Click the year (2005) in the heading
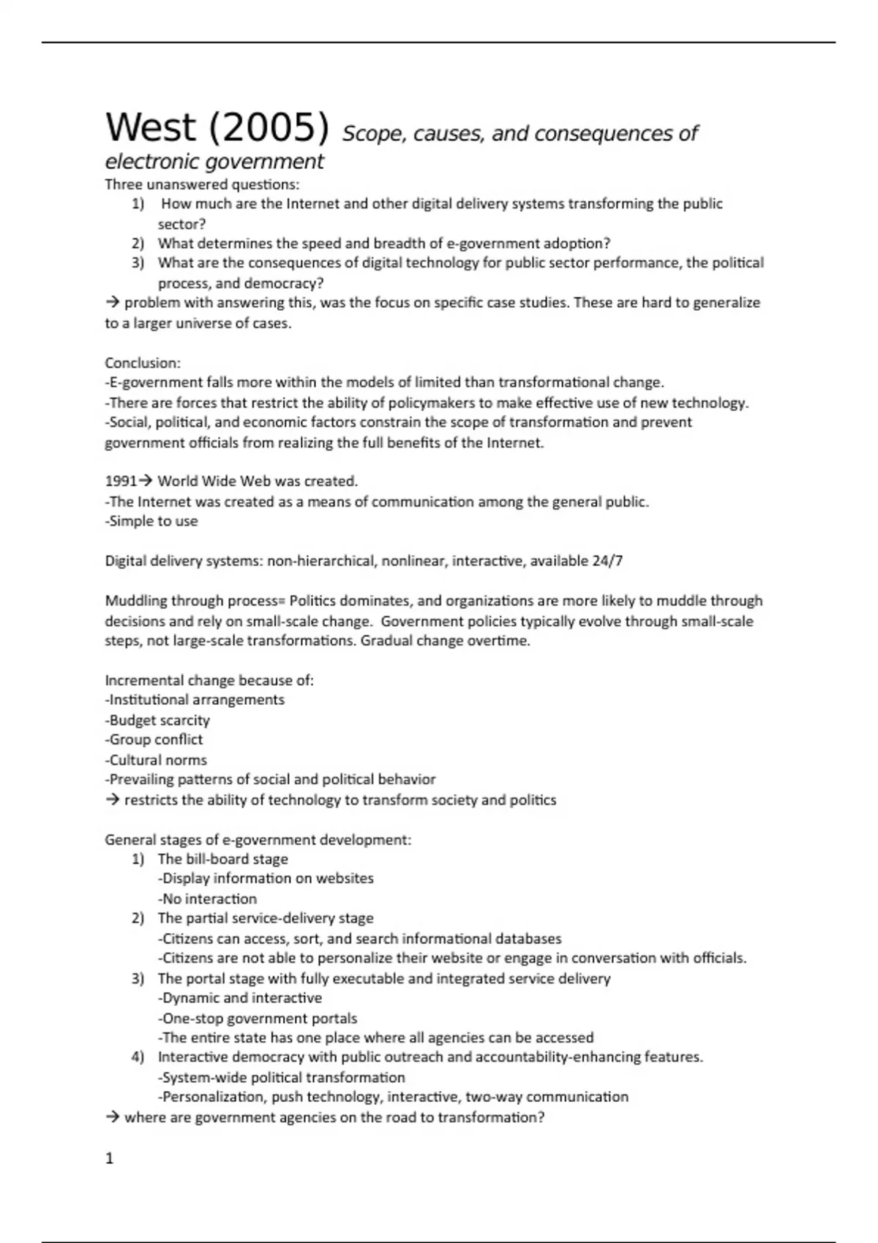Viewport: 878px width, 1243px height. [269, 128]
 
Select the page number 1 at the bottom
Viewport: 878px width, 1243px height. [110, 1158]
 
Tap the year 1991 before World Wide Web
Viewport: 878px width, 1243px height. [120, 481]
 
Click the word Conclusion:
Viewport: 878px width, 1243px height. [143, 363]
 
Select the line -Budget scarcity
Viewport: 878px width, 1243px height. [157, 720]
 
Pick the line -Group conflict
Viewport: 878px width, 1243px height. [154, 739]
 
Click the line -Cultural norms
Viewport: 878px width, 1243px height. [156, 760]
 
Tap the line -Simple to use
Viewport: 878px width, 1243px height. [151, 521]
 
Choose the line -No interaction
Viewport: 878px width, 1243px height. [207, 899]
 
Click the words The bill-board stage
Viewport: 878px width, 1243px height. [222, 859]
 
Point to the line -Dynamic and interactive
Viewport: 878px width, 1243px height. [239, 998]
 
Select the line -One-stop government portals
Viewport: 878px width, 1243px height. [257, 1018]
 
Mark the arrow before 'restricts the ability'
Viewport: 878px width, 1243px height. [113, 800]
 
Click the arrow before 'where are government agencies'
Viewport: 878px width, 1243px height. [113, 1117]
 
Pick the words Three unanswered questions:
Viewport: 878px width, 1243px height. [202, 184]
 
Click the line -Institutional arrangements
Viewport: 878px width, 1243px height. [195, 700]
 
